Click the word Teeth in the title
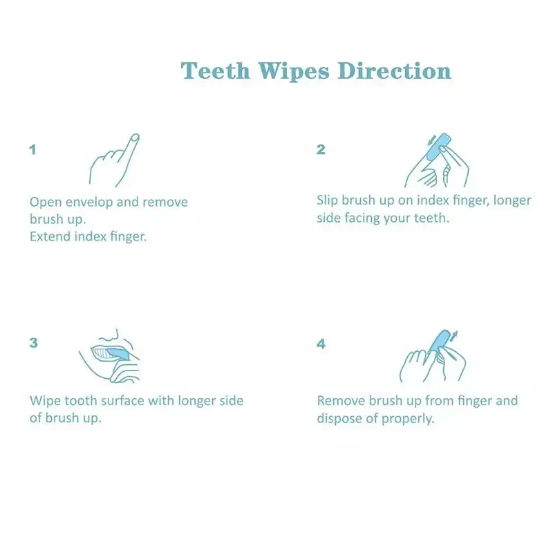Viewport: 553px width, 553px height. (216, 71)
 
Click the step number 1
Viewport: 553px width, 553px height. (32, 149)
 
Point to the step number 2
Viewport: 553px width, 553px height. (321, 149)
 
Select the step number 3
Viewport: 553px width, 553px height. (32, 343)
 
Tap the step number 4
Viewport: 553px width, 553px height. (321, 343)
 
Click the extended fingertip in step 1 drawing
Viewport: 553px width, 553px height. (135, 138)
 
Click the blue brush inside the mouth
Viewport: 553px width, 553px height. (117, 353)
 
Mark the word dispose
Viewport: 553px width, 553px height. (339, 419)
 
